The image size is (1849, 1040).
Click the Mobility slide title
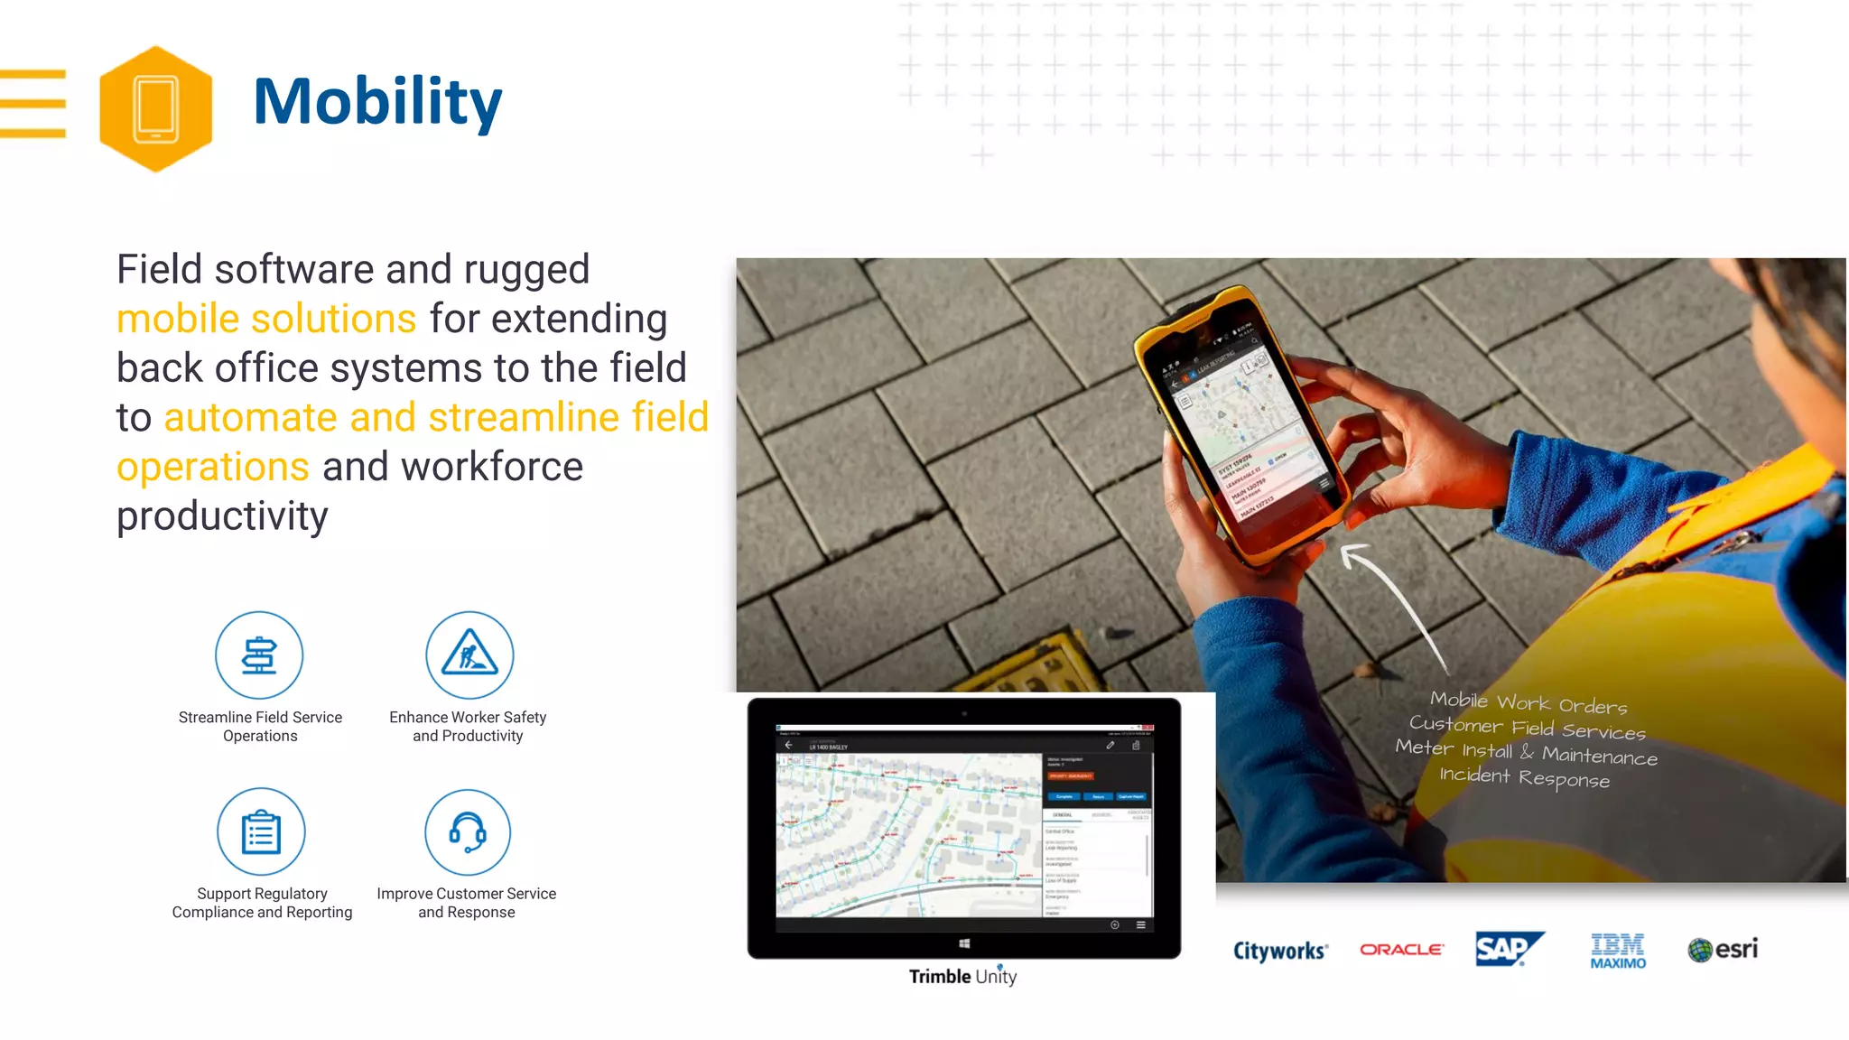(x=377, y=101)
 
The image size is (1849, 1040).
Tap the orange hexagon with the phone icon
(x=155, y=108)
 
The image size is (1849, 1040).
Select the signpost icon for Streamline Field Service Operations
(x=259, y=655)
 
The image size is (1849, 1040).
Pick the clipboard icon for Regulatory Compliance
(x=261, y=831)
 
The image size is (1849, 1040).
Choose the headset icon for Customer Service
(x=468, y=831)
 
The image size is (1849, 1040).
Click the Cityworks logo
(x=1280, y=951)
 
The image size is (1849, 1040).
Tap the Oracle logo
(x=1401, y=950)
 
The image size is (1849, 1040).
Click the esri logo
(x=1723, y=950)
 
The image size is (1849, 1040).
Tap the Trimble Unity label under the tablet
(x=962, y=977)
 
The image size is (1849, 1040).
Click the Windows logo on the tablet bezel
(x=964, y=943)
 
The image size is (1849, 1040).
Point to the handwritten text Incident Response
(x=1524, y=777)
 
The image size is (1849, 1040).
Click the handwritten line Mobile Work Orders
(x=1528, y=702)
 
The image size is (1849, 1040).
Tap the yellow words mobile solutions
(x=266, y=319)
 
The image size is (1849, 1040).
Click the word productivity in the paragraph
(x=222, y=516)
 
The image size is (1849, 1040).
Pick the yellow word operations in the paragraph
(x=213, y=467)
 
